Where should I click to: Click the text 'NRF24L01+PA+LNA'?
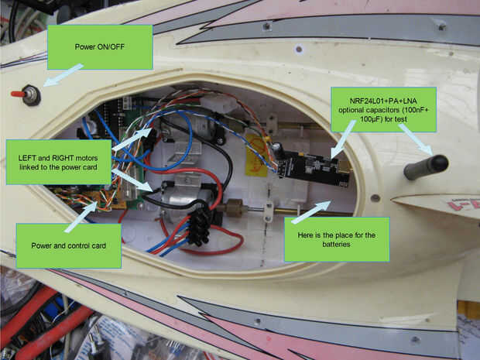(x=383, y=101)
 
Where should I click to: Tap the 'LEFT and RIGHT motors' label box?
(x=59, y=160)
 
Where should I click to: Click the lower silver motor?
(x=183, y=193)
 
